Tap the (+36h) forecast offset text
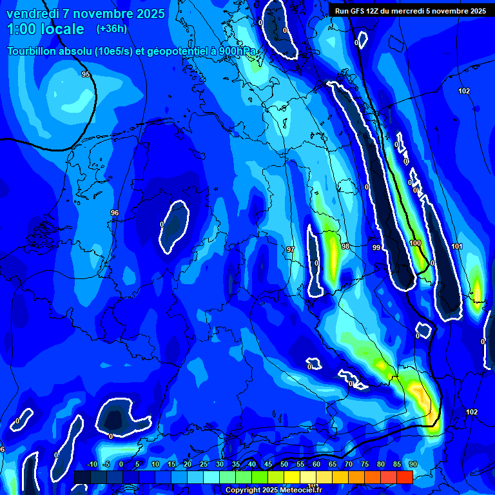point(112,29)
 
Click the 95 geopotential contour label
point(86,75)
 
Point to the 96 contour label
point(115,213)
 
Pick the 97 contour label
point(290,249)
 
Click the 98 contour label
point(345,247)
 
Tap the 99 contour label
point(376,247)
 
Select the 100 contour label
point(414,243)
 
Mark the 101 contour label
point(457,246)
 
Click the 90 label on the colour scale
point(412,464)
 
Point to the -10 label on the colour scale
point(92,464)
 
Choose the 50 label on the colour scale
point(284,464)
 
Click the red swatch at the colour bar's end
point(404,477)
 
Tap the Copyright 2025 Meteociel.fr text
point(273,490)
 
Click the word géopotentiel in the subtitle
point(176,52)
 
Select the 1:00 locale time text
point(46,29)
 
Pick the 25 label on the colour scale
point(204,464)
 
